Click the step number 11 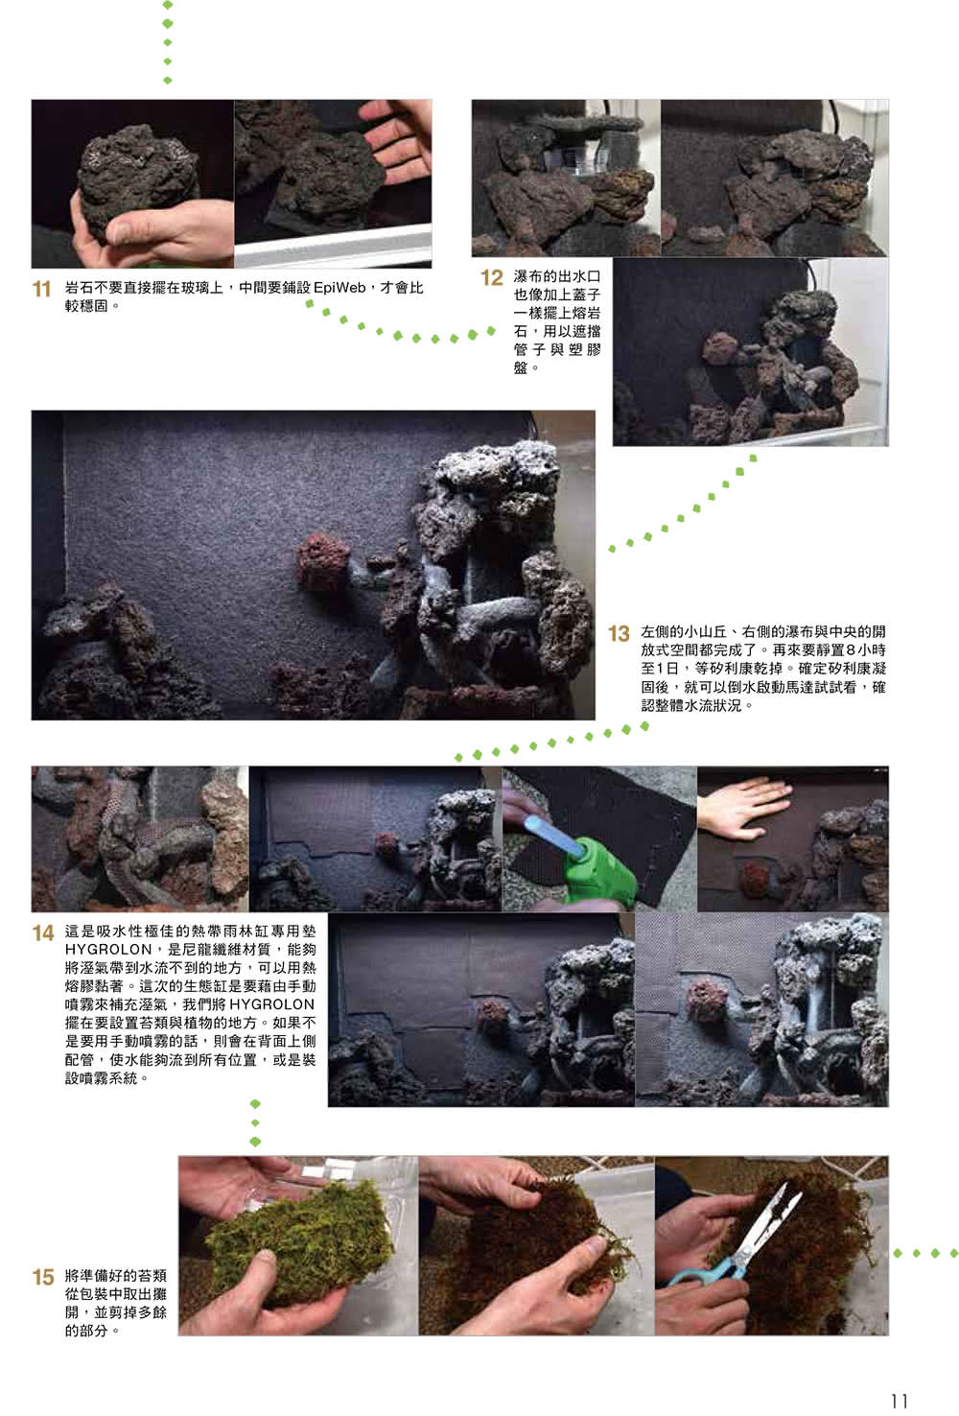42,289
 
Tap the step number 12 491,278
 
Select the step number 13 619,634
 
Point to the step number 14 42,932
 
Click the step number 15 42,1277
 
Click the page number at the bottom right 899,1400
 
